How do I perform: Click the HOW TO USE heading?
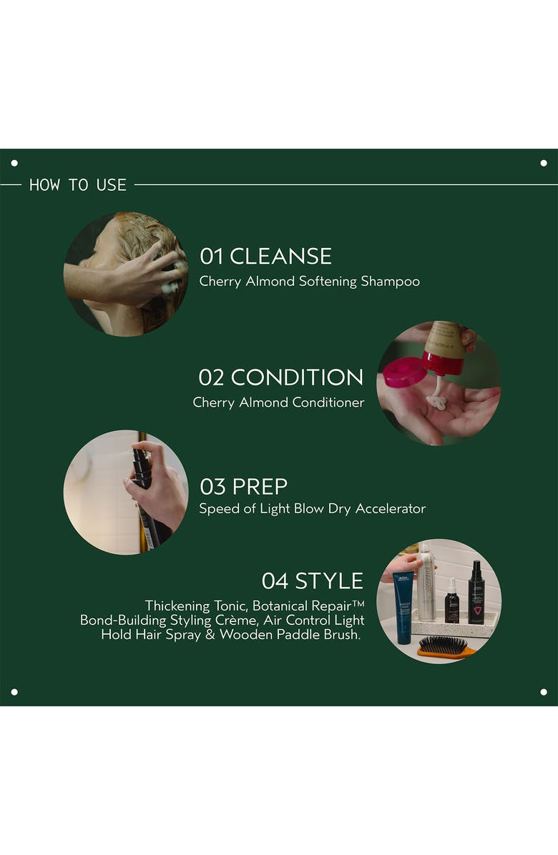[77, 185]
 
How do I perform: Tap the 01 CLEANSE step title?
[265, 256]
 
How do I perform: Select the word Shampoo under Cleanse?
[390, 282]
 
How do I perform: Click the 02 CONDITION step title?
[280, 377]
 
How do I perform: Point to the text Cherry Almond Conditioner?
[278, 402]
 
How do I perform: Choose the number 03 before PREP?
[212, 487]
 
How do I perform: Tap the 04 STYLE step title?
[312, 580]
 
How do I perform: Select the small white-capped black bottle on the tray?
[451, 602]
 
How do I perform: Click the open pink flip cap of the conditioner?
[403, 372]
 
